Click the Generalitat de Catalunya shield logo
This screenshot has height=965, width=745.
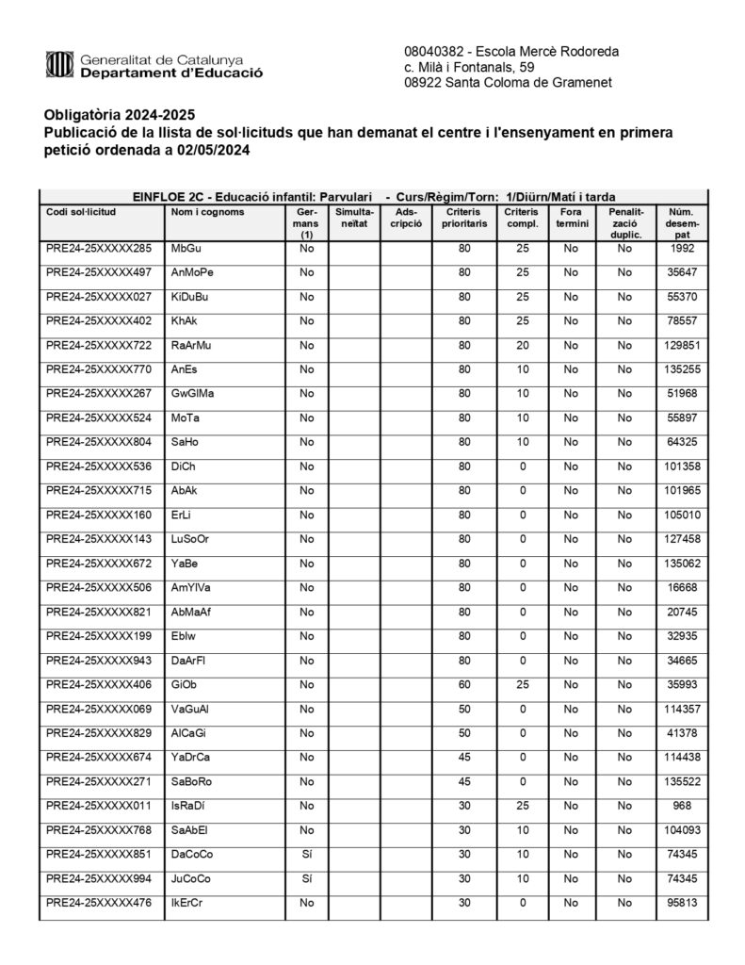[x=59, y=65]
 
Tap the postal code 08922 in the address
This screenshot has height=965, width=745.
[x=429, y=83]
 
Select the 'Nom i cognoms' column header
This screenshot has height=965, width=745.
[x=207, y=212]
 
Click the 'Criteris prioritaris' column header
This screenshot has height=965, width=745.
[x=464, y=219]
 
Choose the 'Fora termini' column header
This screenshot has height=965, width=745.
[x=571, y=219]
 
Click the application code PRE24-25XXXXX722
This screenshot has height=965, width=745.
[x=98, y=346]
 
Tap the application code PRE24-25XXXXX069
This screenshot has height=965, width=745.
[x=98, y=710]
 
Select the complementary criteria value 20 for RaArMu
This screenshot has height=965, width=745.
[x=522, y=346]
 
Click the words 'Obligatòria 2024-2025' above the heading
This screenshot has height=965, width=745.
[x=118, y=116]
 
